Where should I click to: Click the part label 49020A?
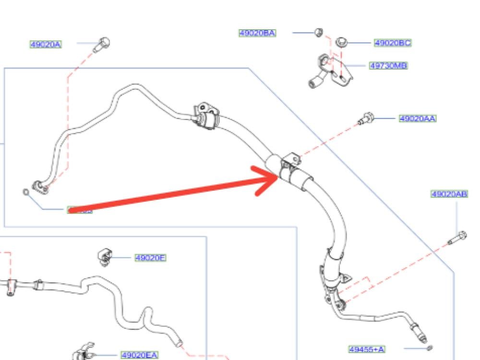coord(46,45)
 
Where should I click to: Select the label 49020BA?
coord(257,33)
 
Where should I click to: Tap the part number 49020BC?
coord(393,43)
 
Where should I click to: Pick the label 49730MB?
coord(388,65)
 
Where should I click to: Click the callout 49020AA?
coord(418,118)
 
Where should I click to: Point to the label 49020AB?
coord(449,194)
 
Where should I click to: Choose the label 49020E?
coord(150,258)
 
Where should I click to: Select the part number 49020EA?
coord(139,355)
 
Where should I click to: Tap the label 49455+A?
coord(367,349)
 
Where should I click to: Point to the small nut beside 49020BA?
coord(318,33)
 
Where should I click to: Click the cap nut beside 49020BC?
coord(341,42)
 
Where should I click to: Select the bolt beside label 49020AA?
coord(367,117)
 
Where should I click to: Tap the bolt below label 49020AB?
coord(457,238)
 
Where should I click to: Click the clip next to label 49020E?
coord(104,257)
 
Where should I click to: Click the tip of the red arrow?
coord(278,177)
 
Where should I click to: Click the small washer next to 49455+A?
coord(430,348)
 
